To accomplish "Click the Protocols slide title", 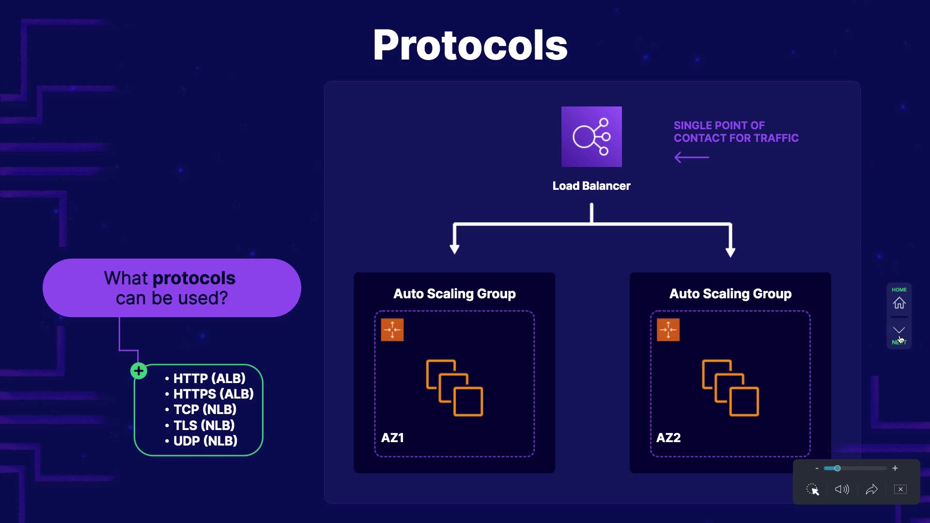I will pyautogui.click(x=470, y=45).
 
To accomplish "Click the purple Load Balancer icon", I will pyautogui.click(x=591, y=137).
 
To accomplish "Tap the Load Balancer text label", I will pyautogui.click(x=591, y=186).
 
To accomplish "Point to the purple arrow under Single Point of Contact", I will pyautogui.click(x=692, y=157).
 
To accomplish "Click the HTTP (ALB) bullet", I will pyautogui.click(x=209, y=378).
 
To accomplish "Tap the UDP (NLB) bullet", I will pyautogui.click(x=205, y=441).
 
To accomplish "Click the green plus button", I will pyautogui.click(x=139, y=371).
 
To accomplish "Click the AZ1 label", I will pyautogui.click(x=392, y=438).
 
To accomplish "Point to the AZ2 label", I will pyautogui.click(x=668, y=438).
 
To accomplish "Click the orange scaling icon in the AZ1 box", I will pyautogui.click(x=392, y=330).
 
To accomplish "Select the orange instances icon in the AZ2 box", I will pyautogui.click(x=730, y=388).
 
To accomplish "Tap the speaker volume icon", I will pyautogui.click(x=842, y=490).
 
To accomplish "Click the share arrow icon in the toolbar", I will pyautogui.click(x=872, y=490).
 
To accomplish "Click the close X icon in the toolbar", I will pyautogui.click(x=900, y=490).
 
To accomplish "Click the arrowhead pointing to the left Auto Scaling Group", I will pyautogui.click(x=454, y=249).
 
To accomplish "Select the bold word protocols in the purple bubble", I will pyautogui.click(x=194, y=278).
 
